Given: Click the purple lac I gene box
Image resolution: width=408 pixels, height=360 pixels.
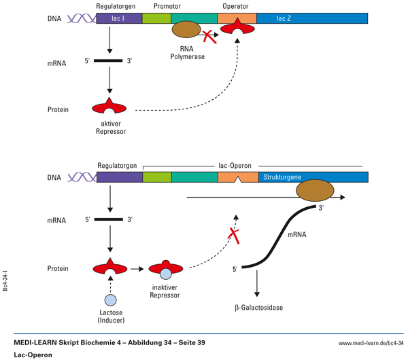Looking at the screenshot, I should coord(119,18).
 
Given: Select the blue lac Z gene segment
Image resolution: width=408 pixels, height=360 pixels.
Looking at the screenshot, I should coord(312,18).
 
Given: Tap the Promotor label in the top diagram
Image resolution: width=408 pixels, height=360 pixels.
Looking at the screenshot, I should coord(156,5).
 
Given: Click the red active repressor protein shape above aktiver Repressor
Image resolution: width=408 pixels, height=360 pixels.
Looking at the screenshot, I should coord(109,107).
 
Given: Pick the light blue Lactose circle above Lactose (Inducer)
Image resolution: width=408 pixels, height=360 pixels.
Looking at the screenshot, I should coord(109,300).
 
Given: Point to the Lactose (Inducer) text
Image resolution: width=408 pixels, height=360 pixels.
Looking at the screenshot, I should coord(109,317).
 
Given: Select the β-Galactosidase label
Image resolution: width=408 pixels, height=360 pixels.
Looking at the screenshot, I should coord(258,308).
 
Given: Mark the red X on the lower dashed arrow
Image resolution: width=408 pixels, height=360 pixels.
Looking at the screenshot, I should coord(234,236).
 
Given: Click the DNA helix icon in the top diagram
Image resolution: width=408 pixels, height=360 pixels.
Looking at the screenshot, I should coord(83,18).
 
